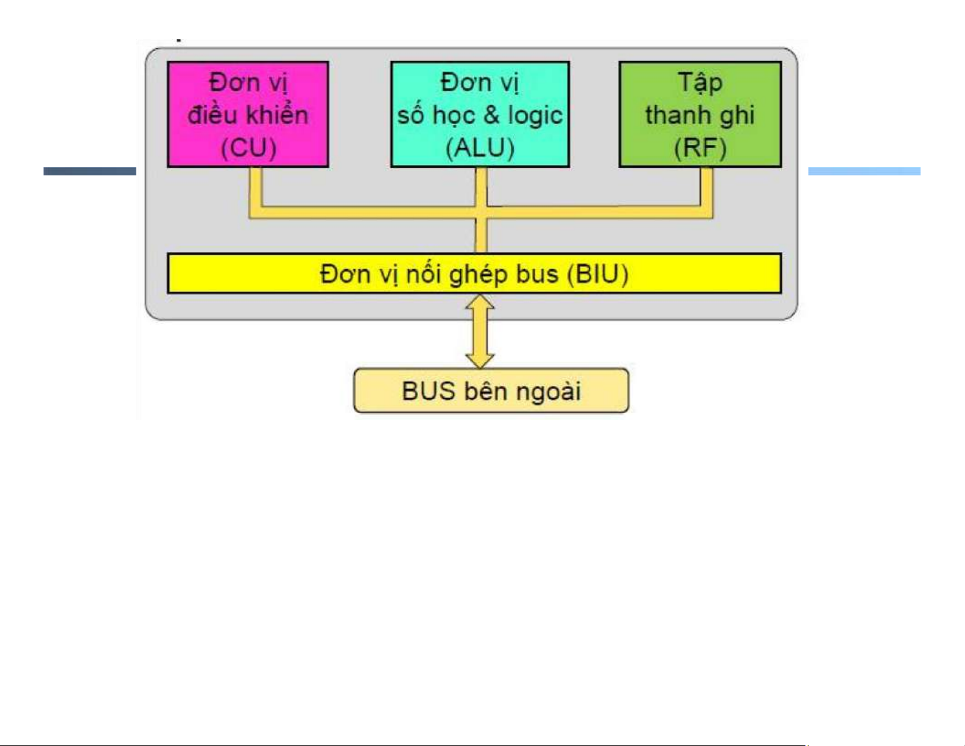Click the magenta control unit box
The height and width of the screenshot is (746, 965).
click(248, 114)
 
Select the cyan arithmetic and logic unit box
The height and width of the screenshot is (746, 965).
click(480, 114)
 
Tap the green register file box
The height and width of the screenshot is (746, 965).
click(700, 114)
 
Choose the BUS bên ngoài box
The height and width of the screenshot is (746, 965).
click(491, 391)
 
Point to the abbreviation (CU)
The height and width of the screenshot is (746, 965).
click(248, 148)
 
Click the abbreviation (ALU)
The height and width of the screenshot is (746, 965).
click(480, 148)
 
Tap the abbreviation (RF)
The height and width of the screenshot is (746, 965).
click(700, 148)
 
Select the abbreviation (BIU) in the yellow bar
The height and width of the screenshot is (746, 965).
click(597, 274)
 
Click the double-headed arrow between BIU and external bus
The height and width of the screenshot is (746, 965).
click(480, 332)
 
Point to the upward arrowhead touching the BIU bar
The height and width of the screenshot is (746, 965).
click(480, 303)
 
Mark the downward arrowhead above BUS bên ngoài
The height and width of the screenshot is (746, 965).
click(480, 361)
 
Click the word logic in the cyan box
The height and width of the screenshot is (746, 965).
click(535, 116)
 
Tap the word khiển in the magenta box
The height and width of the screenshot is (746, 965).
click(278, 114)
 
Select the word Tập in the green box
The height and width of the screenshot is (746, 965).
click(700, 82)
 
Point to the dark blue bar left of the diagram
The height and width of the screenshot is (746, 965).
click(89, 171)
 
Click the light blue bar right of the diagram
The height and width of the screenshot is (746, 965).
click(864, 171)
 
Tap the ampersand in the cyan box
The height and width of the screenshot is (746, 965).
click(491, 115)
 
